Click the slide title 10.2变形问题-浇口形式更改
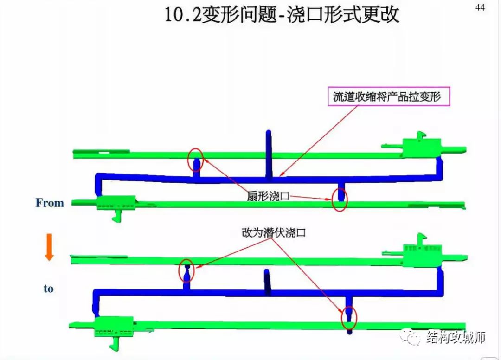(x=282, y=15)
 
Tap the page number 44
(x=480, y=7)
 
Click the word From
(x=49, y=203)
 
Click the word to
(x=49, y=289)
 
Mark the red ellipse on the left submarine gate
(x=186, y=270)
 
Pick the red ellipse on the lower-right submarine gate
(x=349, y=318)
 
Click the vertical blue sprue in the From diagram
(x=269, y=153)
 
